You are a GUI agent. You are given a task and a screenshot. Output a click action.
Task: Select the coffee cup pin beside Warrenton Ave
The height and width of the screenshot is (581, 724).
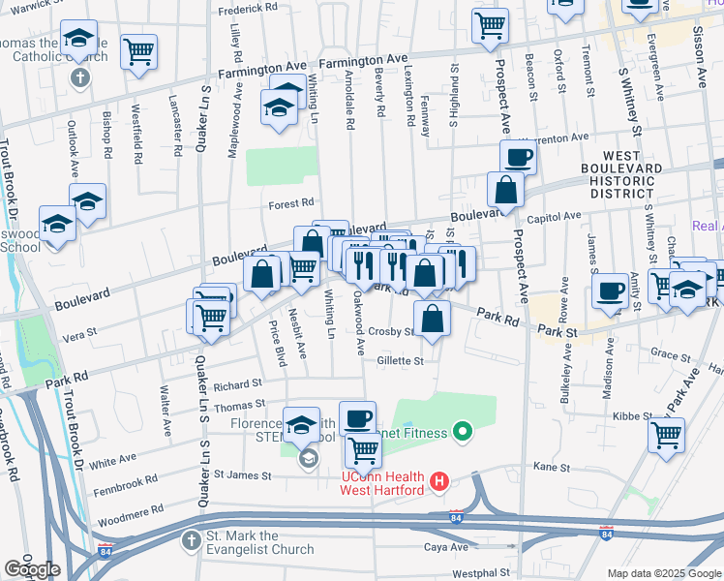(517, 157)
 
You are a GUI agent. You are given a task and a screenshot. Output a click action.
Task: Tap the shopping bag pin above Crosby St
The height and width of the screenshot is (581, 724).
(433, 318)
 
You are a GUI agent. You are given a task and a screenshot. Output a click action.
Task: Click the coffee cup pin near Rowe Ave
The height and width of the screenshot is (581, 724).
(610, 290)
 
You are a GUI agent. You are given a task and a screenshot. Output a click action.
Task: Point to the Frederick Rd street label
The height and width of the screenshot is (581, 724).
(248, 9)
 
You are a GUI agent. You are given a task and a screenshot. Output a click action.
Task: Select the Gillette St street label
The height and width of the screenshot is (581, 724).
(401, 361)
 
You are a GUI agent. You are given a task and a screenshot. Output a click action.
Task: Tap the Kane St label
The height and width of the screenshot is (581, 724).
(551, 468)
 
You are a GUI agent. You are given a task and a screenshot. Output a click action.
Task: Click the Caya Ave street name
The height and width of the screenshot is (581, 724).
(446, 547)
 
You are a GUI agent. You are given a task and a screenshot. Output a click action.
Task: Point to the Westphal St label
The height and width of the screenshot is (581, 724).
(480, 573)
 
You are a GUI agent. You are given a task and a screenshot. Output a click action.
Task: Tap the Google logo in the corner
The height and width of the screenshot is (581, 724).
(32, 569)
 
